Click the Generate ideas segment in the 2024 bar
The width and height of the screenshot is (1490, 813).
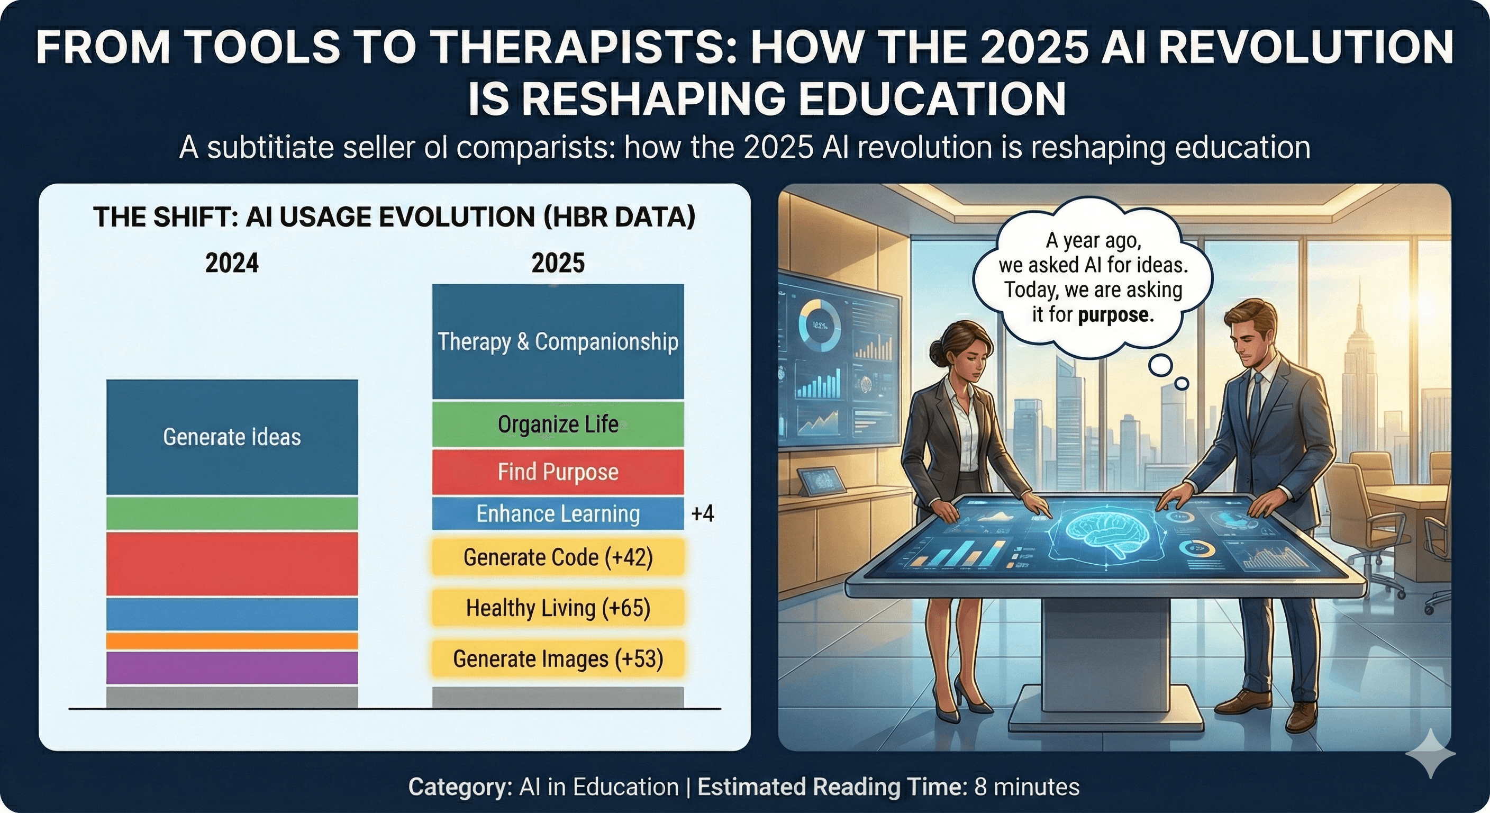(x=232, y=437)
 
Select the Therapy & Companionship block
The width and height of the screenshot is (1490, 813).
(x=558, y=341)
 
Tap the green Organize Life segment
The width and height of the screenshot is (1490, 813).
(x=558, y=424)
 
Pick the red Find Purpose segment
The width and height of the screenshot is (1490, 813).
(x=558, y=472)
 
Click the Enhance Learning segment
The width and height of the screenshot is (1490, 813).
(x=558, y=513)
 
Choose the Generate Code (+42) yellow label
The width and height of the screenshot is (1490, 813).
(x=558, y=557)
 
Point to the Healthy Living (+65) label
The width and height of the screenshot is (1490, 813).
(x=558, y=608)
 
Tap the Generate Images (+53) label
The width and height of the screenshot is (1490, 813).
(x=558, y=658)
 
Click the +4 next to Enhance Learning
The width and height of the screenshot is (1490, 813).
(x=702, y=513)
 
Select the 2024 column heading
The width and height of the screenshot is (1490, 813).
(x=232, y=263)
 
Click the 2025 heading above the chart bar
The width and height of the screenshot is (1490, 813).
(x=558, y=263)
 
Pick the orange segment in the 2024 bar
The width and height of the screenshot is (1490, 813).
(x=232, y=640)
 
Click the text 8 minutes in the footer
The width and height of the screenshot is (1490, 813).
(x=1026, y=787)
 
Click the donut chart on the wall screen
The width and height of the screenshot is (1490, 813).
(x=819, y=324)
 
